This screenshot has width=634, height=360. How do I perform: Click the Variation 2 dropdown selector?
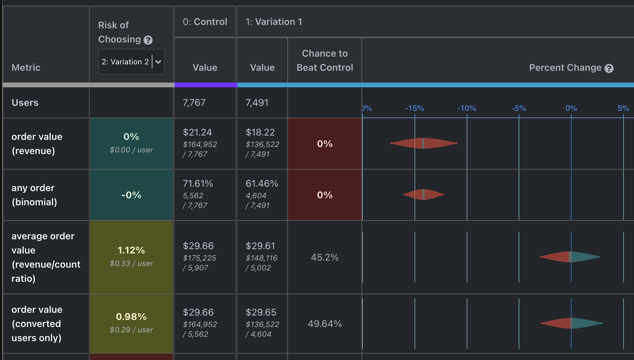point(131,62)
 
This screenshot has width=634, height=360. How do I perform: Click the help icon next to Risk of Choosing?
point(148,40)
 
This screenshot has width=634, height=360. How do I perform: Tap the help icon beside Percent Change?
point(609,68)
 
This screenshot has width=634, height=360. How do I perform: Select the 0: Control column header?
point(205,22)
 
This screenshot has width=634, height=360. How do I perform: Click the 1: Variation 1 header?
point(273,22)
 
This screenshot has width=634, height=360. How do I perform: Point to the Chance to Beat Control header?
point(324,61)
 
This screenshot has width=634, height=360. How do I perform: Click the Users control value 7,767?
point(194,102)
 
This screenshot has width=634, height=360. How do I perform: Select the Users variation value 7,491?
point(257,102)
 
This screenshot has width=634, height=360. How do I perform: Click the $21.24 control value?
point(197,132)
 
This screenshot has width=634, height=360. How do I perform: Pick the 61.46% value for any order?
point(262,183)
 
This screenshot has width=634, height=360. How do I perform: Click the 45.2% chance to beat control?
point(324,257)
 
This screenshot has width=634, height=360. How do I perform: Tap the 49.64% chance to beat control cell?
point(324,324)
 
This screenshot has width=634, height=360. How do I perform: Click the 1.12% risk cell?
point(131,250)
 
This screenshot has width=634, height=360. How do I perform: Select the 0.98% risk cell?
point(131,317)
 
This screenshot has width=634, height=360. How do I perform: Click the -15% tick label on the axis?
point(414,108)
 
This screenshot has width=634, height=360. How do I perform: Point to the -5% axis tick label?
point(519,108)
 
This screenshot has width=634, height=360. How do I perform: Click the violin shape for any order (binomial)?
point(424,194)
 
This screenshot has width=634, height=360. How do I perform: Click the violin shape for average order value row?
point(570,257)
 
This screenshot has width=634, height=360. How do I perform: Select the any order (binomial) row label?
point(34,195)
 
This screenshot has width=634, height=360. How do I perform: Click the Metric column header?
point(26,67)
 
